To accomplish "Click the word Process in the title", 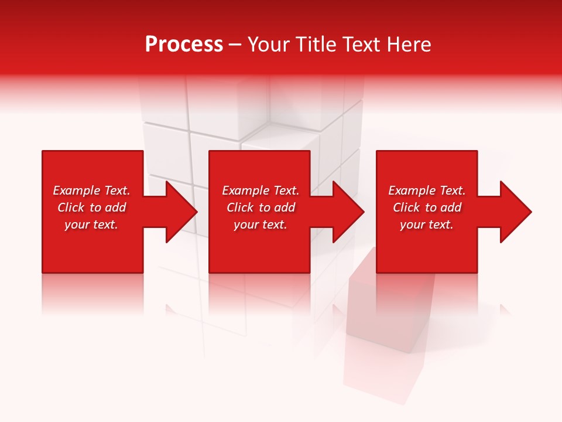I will point(184,45).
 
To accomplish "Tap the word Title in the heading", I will point(316,45).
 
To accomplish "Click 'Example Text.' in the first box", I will point(91,190).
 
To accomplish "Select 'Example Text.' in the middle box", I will point(261,190).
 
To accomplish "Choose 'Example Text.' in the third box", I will point(427,190).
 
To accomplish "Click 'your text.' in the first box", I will point(91,224).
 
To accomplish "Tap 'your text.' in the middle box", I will point(261,224).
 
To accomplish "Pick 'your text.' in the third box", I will point(427,224).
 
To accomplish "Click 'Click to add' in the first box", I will point(91,207).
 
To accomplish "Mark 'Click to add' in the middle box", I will point(261,207).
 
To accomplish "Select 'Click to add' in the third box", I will point(427,207).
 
